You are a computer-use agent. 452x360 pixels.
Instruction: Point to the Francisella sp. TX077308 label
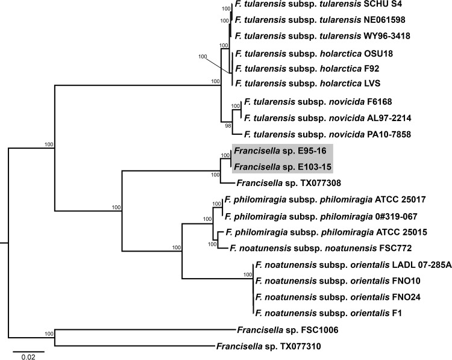[x=279, y=181]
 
